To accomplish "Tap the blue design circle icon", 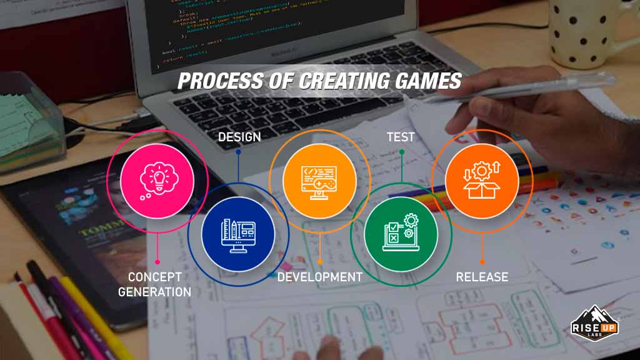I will point(237,234).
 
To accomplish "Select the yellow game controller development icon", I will point(319,182).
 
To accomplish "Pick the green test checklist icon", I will point(401,234).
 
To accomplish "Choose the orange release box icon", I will point(481,182).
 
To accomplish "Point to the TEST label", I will point(401,137).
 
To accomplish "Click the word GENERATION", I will point(154,292).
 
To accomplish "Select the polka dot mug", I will point(584,31).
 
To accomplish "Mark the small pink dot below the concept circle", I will point(157,262).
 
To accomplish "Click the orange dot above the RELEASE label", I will point(482,262).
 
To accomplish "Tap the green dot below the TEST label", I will point(401,151).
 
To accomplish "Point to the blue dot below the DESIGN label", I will point(238,151).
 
